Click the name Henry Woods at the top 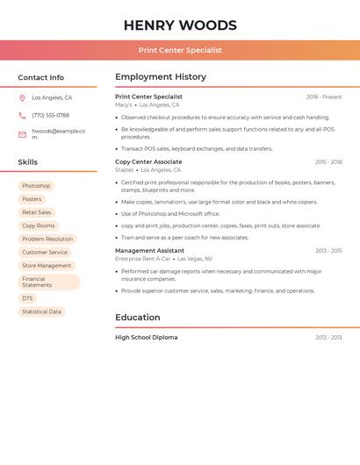(x=180, y=25)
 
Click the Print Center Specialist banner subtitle (x=180, y=50)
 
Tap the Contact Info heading (x=40, y=77)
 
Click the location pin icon (x=22, y=97)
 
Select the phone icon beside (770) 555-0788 (x=22, y=115)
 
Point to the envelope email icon (x=22, y=134)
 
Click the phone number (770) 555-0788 (x=50, y=115)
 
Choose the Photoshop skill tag (x=36, y=186)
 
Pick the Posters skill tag (x=32, y=199)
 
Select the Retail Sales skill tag (x=37, y=212)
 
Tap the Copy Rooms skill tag (x=39, y=225)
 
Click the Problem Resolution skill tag (x=47, y=239)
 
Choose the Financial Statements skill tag (x=48, y=282)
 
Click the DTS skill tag (x=27, y=298)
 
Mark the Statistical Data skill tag (x=41, y=311)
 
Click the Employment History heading (x=161, y=77)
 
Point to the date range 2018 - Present (x=324, y=97)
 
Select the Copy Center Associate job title (x=148, y=161)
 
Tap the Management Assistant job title (x=149, y=250)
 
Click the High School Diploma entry (x=146, y=337)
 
